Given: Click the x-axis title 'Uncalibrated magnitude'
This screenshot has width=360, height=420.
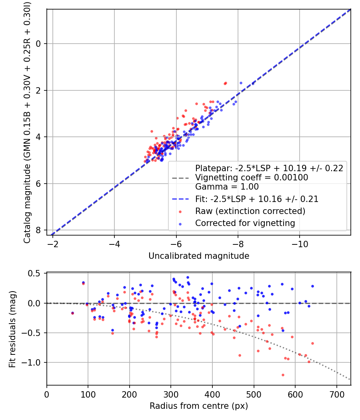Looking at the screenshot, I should [199, 256].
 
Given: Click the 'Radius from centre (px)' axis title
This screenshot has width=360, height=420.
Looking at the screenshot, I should [199, 406].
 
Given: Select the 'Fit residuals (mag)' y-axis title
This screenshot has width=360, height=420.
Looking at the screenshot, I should [12, 329].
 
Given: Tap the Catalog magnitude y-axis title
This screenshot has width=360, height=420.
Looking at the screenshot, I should [27, 122].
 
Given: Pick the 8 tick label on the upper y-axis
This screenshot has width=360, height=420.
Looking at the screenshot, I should [39, 230].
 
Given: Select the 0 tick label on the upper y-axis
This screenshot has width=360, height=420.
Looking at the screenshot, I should [39, 44].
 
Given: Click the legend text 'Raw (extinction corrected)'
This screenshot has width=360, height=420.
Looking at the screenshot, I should [250, 211].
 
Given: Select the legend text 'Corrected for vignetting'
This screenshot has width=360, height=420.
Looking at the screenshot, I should [245, 223].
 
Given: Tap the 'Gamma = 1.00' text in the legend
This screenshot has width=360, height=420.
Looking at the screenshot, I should [227, 186].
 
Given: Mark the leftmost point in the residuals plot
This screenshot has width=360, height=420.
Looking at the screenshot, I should [72, 313].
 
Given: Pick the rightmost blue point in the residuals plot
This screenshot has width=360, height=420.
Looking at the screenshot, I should [312, 286].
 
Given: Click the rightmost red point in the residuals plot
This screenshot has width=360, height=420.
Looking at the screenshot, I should [312, 343].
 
